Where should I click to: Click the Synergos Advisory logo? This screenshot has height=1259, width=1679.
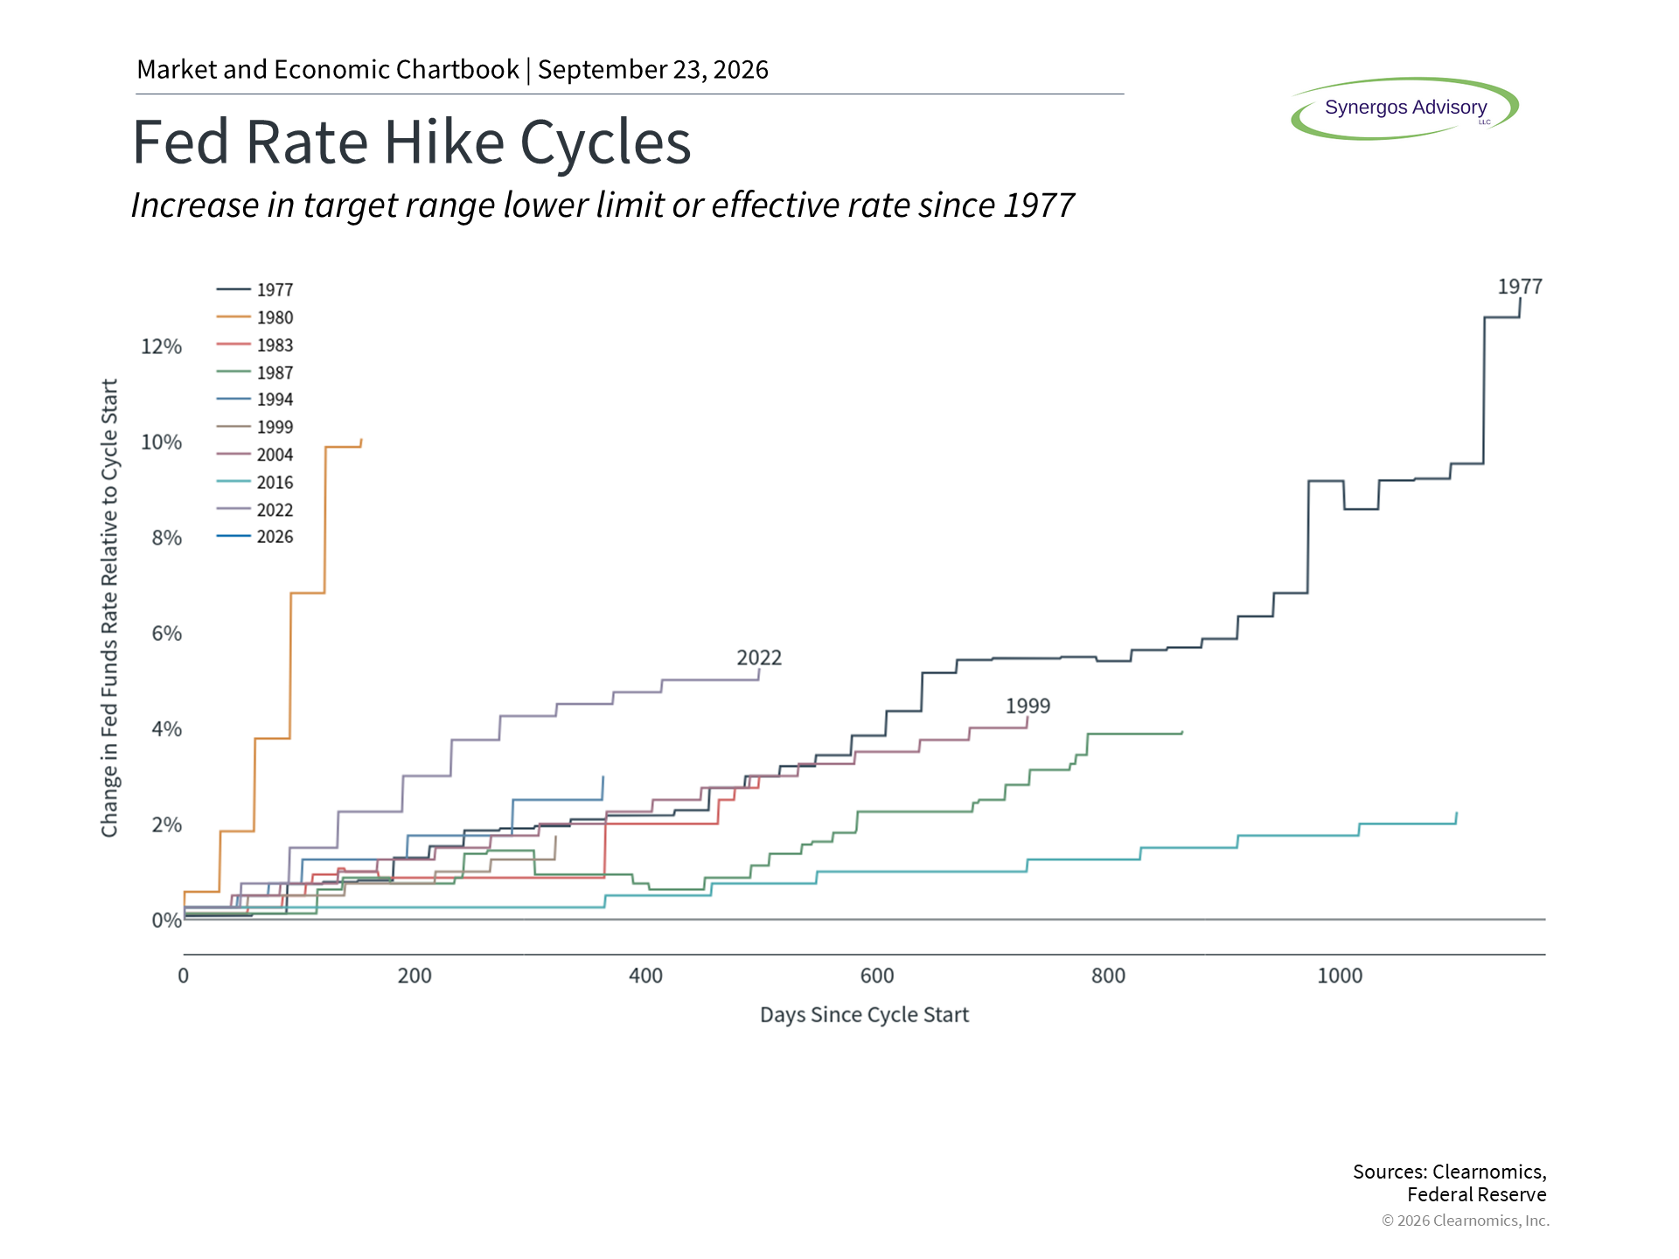tap(1405, 108)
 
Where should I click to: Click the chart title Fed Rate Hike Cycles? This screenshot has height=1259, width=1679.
tap(412, 142)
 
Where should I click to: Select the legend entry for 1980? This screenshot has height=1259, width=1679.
tap(254, 317)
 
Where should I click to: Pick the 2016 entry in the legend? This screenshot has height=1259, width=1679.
tap(254, 482)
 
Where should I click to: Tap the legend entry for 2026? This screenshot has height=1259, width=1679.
tap(254, 537)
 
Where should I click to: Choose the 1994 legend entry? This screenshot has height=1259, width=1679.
tap(254, 400)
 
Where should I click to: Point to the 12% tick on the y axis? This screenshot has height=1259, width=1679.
tap(162, 347)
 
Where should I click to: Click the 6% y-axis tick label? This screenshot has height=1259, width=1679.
tap(166, 634)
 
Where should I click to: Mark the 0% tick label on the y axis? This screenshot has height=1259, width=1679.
tap(166, 921)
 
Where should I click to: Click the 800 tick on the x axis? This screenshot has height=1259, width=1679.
tap(1108, 976)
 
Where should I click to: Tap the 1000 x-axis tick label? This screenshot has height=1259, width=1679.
tap(1340, 976)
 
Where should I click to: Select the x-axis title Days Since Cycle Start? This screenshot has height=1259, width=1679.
tap(864, 1015)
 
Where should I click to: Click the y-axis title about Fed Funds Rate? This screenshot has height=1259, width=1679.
tap(109, 608)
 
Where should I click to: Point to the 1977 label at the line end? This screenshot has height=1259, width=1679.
tap(1520, 287)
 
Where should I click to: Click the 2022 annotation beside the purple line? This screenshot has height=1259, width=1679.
tap(759, 657)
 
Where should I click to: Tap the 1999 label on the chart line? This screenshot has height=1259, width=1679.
tap(1028, 706)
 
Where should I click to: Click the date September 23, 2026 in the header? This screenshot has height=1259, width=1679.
tap(653, 70)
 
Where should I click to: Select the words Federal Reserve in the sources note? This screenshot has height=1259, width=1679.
tap(1477, 1195)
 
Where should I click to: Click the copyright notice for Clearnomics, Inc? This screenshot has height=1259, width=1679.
tap(1466, 1221)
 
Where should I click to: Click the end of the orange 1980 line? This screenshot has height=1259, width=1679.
tap(362, 439)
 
